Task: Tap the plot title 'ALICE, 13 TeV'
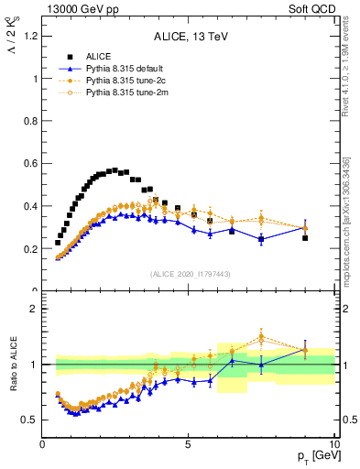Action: tap(189, 38)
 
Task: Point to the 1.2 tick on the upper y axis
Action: tap(30, 36)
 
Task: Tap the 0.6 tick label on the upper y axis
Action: tap(30, 163)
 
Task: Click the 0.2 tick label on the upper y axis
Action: tap(30, 248)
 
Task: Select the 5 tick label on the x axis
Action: tap(189, 444)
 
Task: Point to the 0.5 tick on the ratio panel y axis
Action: tap(30, 420)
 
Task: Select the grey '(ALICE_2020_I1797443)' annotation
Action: tap(189, 273)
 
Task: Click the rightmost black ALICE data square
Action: tap(305, 238)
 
